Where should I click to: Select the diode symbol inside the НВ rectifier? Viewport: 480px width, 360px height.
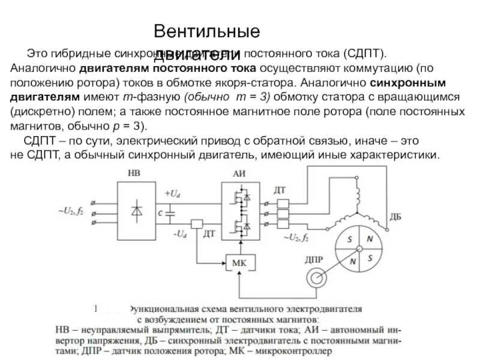click(x=137, y=211)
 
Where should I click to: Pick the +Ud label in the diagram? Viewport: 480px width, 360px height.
click(x=173, y=193)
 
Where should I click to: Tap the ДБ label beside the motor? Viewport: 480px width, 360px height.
click(x=395, y=217)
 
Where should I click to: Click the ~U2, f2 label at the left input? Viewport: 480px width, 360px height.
click(x=70, y=211)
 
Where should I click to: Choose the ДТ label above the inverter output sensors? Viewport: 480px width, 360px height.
click(x=280, y=190)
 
